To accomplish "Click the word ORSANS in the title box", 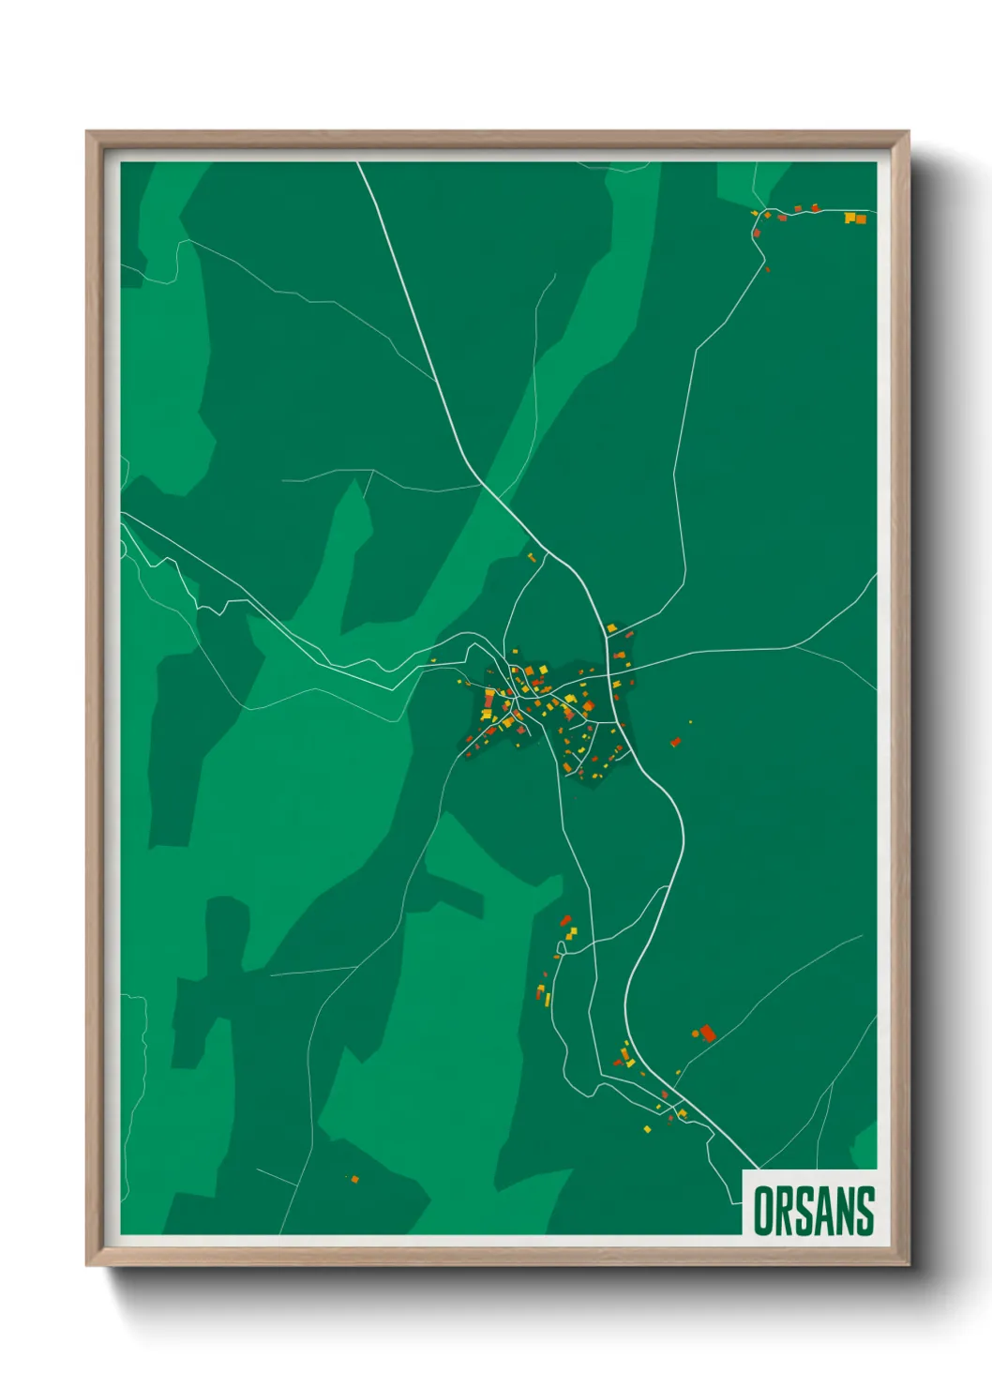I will (x=813, y=1211).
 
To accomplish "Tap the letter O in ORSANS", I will (x=764, y=1211).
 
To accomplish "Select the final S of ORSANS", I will (x=864, y=1211).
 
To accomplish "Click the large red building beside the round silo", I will (x=708, y=1033).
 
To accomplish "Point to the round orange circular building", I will (x=696, y=1033).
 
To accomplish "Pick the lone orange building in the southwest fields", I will (x=354, y=1179).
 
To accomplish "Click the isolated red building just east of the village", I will (x=675, y=742).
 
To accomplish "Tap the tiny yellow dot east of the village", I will (x=691, y=721).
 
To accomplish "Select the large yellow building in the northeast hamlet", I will (x=849, y=218).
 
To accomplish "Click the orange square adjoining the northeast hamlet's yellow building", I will (x=860, y=219).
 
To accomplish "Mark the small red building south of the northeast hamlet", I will (x=767, y=269).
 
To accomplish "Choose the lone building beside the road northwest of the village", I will (x=532, y=558).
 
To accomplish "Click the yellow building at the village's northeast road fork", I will (x=610, y=627).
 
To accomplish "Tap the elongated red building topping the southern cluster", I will (x=564, y=921).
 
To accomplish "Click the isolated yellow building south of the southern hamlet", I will (x=647, y=1128).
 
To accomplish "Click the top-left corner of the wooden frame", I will (x=86, y=131).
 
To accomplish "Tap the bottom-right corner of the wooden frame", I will (x=909, y=1265).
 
